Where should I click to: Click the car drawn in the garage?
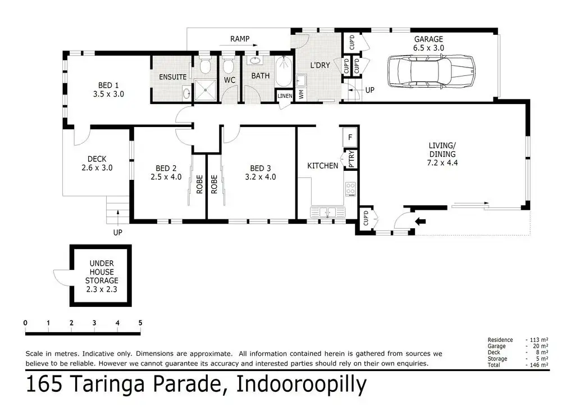(x=431, y=71)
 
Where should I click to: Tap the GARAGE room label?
(x=428, y=39)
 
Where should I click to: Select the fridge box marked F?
(x=350, y=137)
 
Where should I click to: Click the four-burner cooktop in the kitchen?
(x=350, y=189)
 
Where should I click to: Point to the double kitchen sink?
(x=327, y=212)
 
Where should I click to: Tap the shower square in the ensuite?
(x=206, y=90)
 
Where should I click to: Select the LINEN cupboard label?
(x=285, y=96)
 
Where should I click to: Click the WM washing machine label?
(x=302, y=94)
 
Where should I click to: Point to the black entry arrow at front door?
(x=420, y=221)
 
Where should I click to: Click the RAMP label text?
(x=240, y=39)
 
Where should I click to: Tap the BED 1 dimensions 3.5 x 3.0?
(x=108, y=94)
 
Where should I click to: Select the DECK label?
(x=97, y=159)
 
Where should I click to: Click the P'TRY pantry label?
(x=352, y=159)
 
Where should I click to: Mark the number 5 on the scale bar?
(x=140, y=323)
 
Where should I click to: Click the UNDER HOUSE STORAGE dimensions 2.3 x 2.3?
(x=102, y=289)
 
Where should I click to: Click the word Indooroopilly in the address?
(x=302, y=385)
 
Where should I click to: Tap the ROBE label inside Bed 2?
(x=199, y=184)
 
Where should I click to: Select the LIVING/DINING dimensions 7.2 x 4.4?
(x=442, y=162)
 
